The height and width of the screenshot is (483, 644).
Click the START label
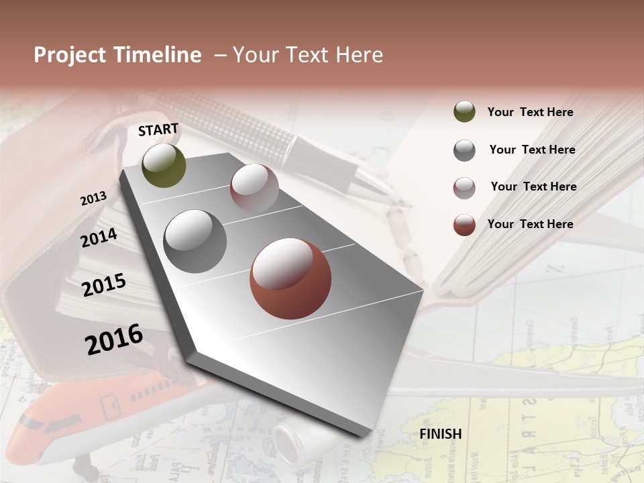(x=158, y=129)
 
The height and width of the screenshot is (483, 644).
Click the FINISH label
(x=440, y=434)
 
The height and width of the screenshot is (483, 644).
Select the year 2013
(x=93, y=199)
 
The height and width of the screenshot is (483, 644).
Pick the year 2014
(x=99, y=237)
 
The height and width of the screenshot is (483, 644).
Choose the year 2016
(x=114, y=339)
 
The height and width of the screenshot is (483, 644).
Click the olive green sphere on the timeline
(x=164, y=165)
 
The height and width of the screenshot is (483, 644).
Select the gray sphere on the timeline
(x=195, y=241)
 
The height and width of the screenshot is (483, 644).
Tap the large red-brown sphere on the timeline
(x=290, y=278)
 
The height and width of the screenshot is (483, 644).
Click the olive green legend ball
(x=464, y=112)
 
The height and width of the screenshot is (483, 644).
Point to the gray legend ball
(x=464, y=150)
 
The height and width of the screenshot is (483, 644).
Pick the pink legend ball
(x=464, y=188)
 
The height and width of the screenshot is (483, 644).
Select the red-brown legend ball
(x=464, y=225)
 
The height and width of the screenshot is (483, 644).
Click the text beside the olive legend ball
(x=530, y=112)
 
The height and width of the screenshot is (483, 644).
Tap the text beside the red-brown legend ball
(x=530, y=224)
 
